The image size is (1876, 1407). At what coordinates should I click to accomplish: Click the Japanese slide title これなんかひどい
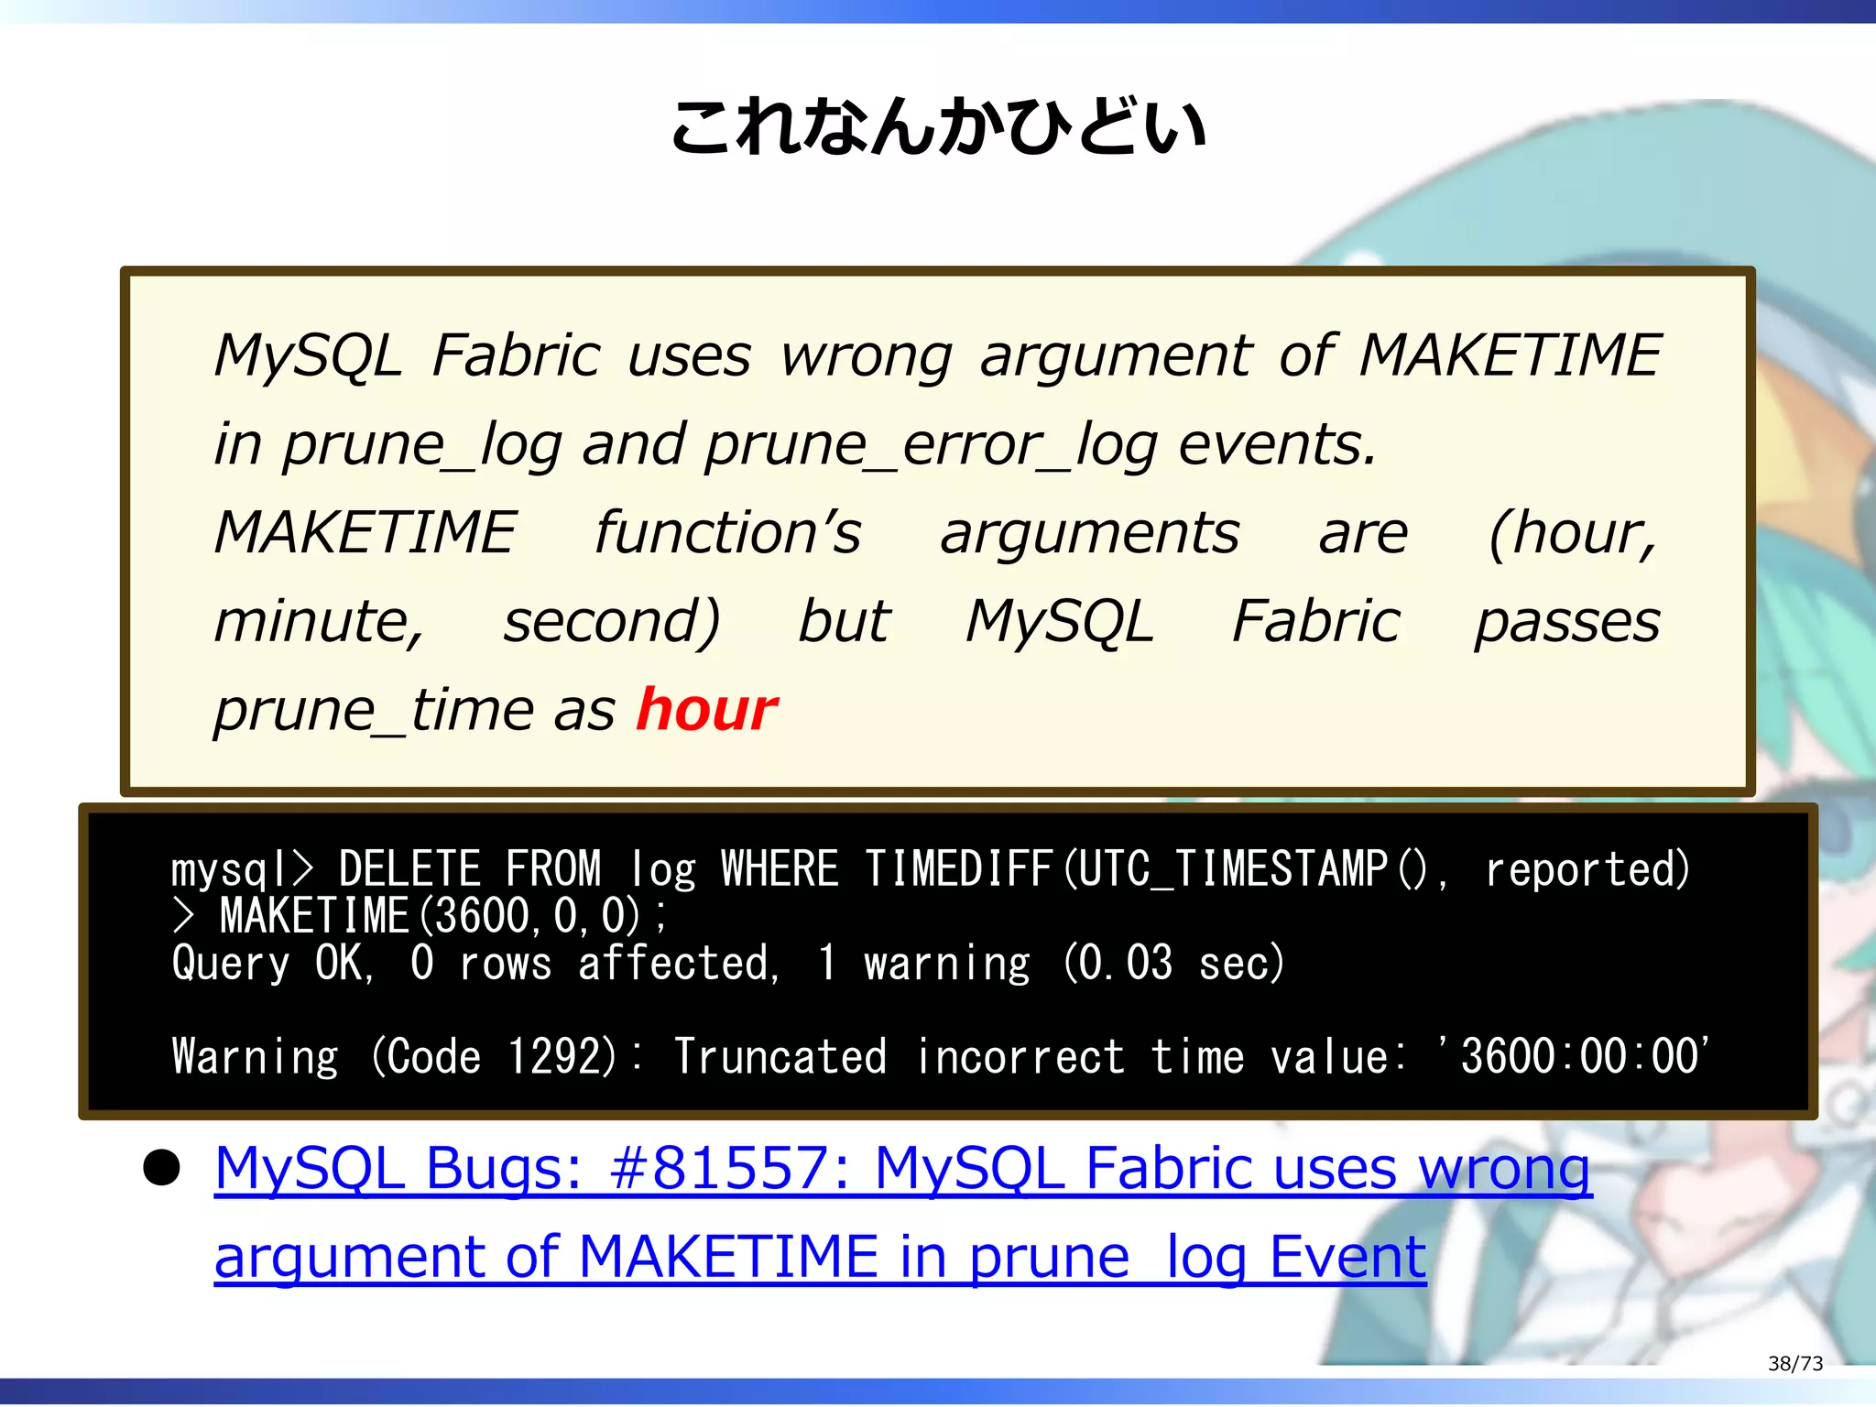coord(937,127)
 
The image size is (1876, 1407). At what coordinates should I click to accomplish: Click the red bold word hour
coord(706,710)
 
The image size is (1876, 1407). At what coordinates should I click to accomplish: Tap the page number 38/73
coord(1794,1363)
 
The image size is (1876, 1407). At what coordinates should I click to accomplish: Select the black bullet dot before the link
coord(162,1169)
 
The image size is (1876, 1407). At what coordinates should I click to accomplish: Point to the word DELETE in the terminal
coord(409,869)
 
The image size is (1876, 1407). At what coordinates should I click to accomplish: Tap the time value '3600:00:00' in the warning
coord(1576,1056)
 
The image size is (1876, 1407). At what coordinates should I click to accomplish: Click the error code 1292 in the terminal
coord(562,1056)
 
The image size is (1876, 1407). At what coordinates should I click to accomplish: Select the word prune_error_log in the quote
coord(931,444)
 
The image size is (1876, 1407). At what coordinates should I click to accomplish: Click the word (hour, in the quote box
coord(1572,533)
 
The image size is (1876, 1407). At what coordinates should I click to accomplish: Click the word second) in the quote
coord(612,622)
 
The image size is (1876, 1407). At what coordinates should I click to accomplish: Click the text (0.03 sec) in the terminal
coord(1173,964)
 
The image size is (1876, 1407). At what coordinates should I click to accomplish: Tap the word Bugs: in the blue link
coord(504,1169)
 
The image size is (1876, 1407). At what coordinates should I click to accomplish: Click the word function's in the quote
coord(727,533)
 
